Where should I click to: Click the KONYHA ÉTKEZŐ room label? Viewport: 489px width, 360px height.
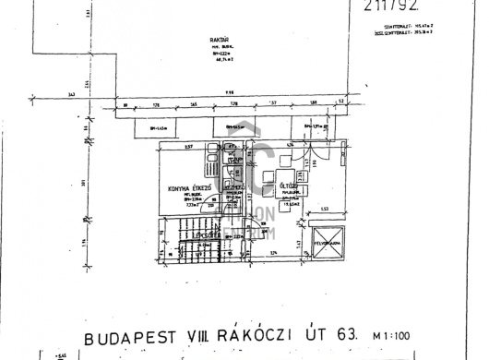192,188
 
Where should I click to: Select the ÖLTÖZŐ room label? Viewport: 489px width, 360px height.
288,186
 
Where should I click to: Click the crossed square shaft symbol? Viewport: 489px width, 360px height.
327,245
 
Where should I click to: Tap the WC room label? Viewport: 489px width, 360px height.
238,159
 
